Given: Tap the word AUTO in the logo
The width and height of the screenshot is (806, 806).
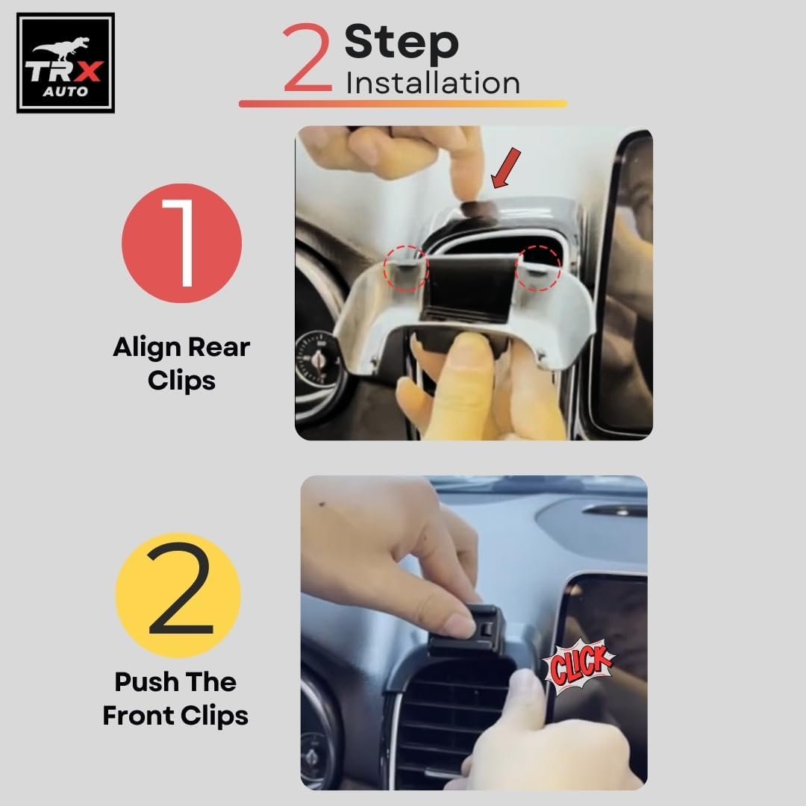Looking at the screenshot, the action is point(65,92).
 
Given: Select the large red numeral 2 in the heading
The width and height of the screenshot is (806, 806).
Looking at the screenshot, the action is point(307,57).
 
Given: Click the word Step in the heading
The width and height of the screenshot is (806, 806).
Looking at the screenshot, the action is point(402,43).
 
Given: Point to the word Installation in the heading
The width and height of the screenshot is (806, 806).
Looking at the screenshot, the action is point(433,84).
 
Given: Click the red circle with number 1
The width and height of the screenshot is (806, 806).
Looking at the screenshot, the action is point(181,243).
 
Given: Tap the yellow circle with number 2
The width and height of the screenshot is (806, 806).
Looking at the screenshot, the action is point(178,596).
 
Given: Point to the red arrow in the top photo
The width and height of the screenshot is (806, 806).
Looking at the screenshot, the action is point(506,169).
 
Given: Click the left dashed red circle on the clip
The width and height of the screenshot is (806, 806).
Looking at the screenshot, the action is point(406,269).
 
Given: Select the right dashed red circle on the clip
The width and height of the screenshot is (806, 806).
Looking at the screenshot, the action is point(538,269).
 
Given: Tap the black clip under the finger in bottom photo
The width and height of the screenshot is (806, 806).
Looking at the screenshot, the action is point(466,631).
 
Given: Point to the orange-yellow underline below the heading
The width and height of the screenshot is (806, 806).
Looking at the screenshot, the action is point(403,104).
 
